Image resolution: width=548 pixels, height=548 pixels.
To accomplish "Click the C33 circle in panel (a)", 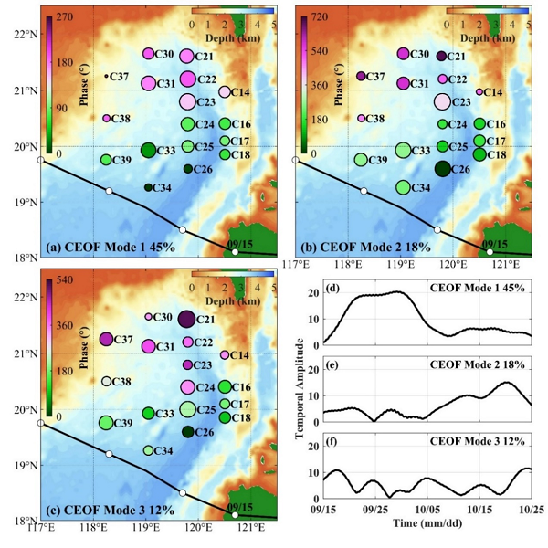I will (148, 150).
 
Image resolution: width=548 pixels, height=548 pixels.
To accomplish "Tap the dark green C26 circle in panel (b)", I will (443, 168).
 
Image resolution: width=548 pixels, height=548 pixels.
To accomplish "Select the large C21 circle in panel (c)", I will (187, 319).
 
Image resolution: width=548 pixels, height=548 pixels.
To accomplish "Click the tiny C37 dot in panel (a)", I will (106, 76).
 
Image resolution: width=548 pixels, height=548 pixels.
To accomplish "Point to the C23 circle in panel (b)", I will (443, 101).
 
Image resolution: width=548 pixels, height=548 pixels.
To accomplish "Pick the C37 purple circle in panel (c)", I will (106, 339).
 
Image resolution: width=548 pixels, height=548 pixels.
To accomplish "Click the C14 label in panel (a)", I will (240, 92).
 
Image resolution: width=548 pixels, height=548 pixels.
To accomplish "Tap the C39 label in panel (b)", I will (378, 161).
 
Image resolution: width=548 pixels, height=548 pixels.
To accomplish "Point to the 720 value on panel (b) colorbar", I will (321, 17).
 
